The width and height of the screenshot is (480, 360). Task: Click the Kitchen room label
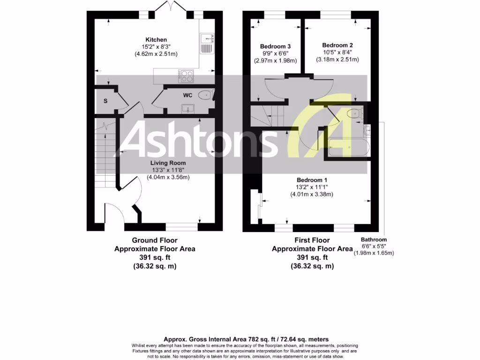coord(156,39)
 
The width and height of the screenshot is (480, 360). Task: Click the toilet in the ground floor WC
coord(205,96)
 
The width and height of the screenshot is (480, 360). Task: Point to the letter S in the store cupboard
coord(105,101)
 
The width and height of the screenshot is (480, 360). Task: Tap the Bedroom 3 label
coord(276,46)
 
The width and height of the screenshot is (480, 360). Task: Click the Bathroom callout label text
coord(374,240)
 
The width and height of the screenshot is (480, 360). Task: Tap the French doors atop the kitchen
coord(168,7)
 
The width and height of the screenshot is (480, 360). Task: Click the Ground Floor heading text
coord(155,240)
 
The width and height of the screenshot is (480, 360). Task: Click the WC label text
coord(187,95)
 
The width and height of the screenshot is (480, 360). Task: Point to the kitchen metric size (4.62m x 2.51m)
coord(156,54)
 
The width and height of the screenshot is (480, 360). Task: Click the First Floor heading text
coord(312,240)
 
